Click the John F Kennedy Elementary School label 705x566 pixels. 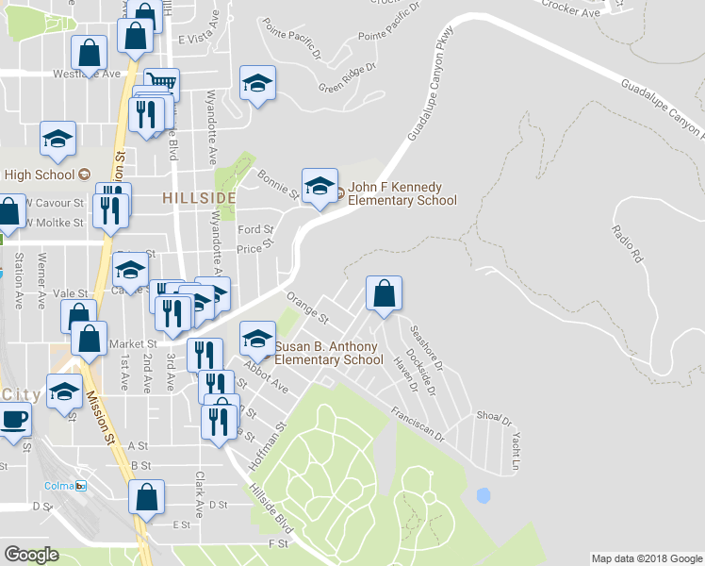(x=402, y=194)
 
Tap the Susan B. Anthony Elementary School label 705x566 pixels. (x=326, y=354)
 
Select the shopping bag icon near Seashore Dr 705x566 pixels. (x=385, y=294)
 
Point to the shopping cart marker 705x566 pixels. (x=161, y=83)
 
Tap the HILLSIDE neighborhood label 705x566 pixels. (x=198, y=197)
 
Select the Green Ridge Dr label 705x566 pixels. (x=347, y=78)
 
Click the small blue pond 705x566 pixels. (x=484, y=494)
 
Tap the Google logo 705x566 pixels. (x=32, y=555)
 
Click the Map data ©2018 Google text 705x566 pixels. (x=646, y=558)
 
